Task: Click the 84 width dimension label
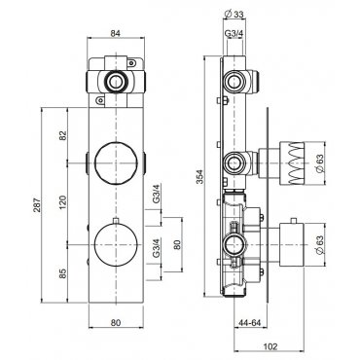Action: (x=115, y=33)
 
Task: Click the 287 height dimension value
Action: (x=38, y=205)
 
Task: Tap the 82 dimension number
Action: (x=62, y=134)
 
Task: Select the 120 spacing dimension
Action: (x=62, y=201)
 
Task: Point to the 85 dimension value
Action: (x=62, y=273)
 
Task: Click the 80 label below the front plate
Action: (x=116, y=322)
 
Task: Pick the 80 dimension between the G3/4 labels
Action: (x=177, y=244)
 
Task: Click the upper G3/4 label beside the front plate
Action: (x=157, y=194)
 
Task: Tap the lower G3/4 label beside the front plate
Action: (x=157, y=248)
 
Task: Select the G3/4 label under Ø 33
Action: (x=234, y=33)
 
